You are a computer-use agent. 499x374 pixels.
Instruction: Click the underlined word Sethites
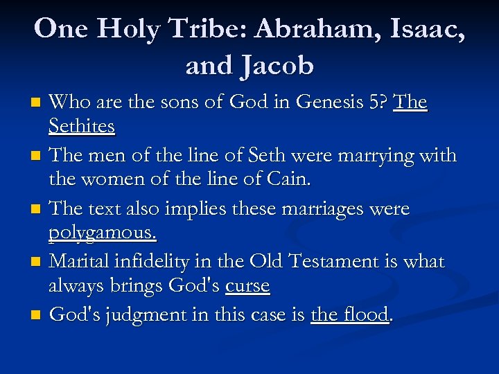click(81, 127)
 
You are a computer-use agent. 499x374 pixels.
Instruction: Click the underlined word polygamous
click(103, 233)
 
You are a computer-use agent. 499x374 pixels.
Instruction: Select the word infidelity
click(157, 262)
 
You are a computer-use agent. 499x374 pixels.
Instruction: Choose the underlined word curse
click(247, 285)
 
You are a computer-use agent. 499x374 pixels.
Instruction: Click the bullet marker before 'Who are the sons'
click(39, 104)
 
